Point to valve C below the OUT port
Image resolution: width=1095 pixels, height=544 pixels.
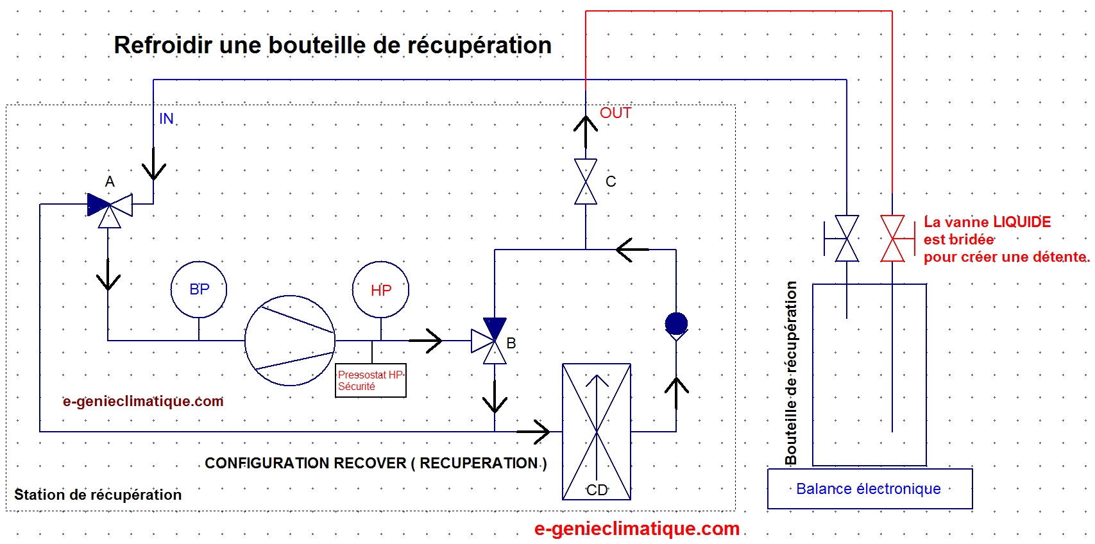click(x=585, y=182)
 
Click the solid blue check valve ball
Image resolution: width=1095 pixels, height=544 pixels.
click(x=676, y=323)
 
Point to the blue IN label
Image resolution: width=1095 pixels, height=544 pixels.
click(x=166, y=118)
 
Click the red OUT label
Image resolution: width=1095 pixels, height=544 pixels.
click(x=615, y=113)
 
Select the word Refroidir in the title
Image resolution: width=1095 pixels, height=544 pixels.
click(x=164, y=45)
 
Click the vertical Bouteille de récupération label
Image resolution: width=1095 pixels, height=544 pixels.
click(x=790, y=373)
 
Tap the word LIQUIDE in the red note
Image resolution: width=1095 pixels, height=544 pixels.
click(x=1022, y=222)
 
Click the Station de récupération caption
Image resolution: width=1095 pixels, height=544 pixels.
click(x=98, y=495)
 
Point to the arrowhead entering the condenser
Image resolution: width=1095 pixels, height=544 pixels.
click(x=535, y=432)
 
